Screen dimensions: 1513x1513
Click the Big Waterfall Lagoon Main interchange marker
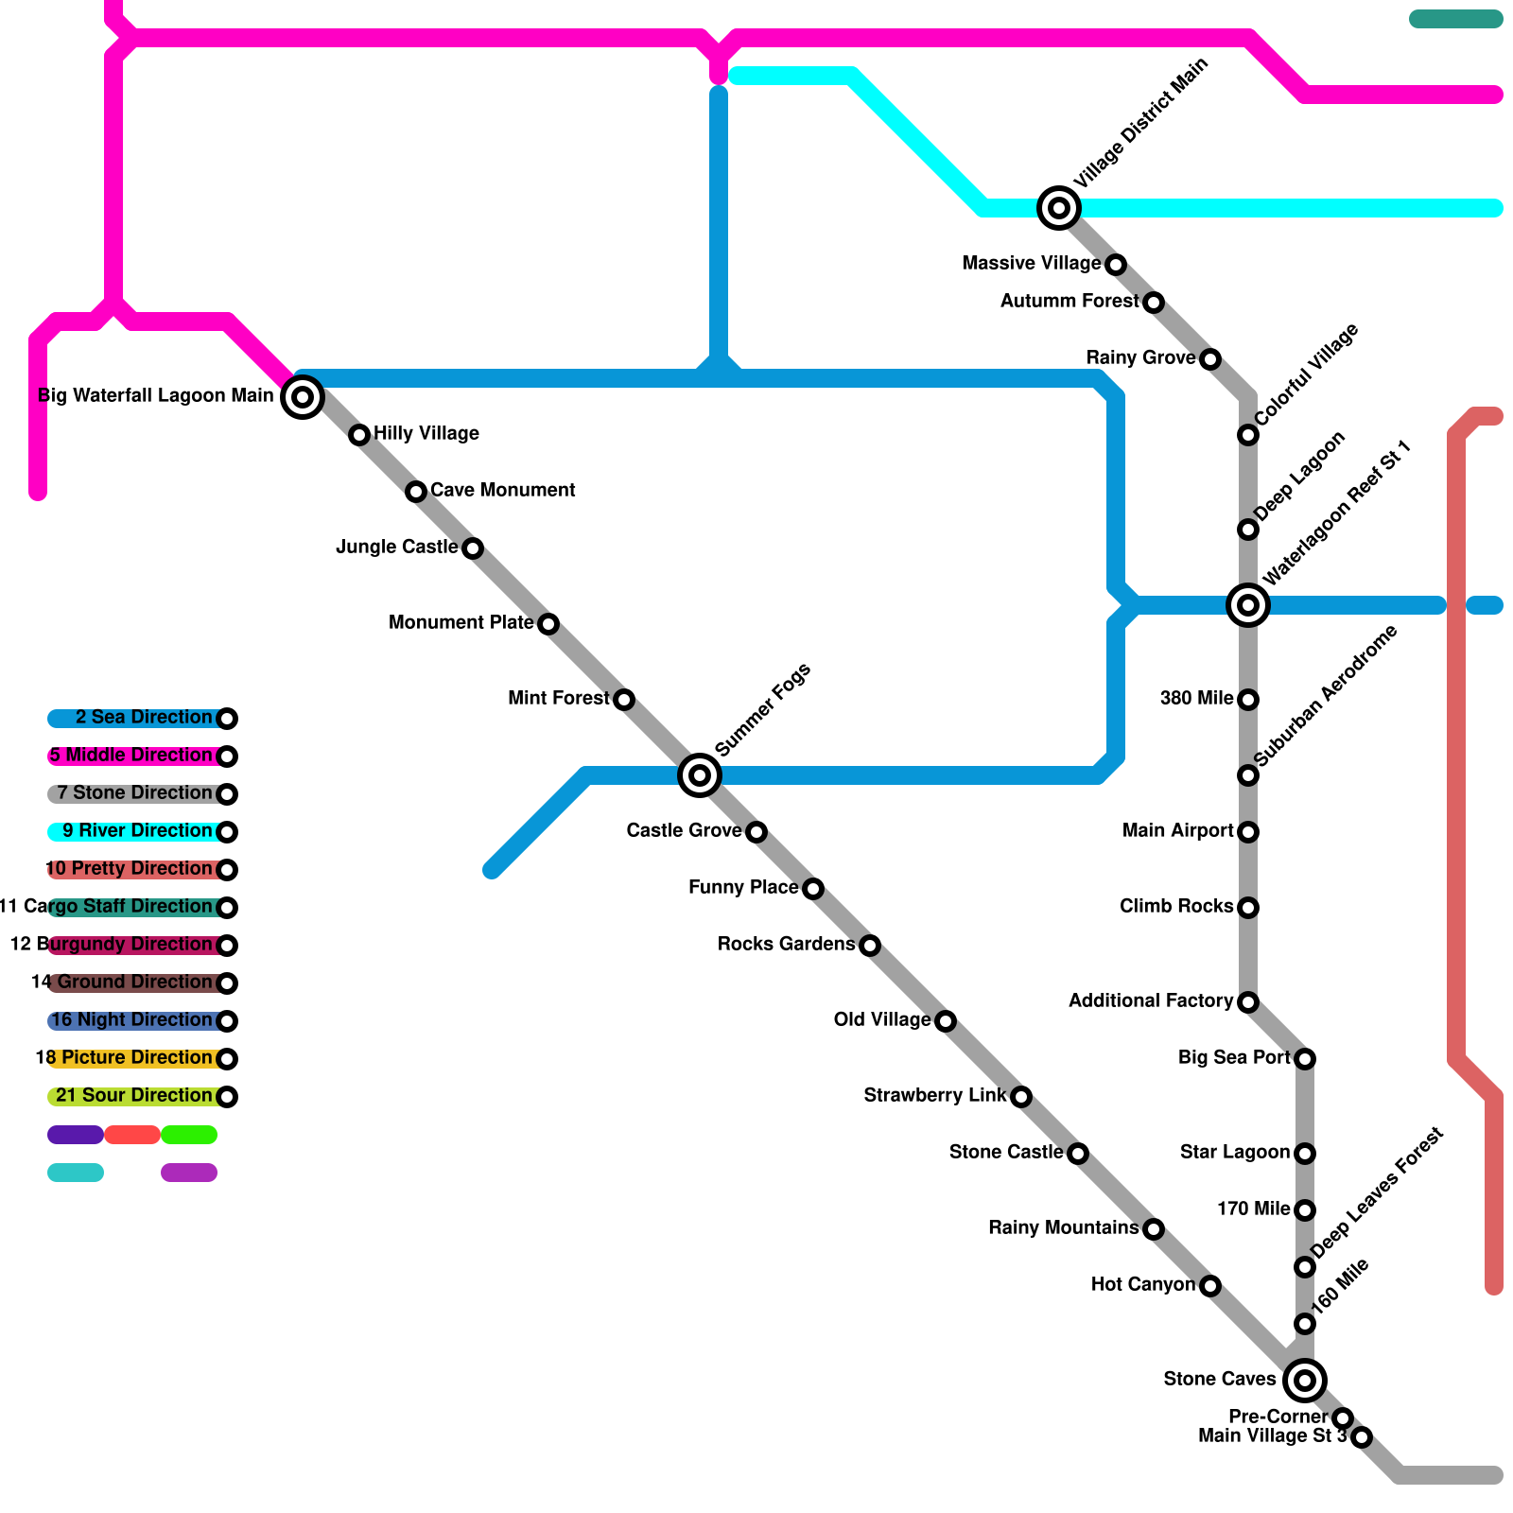click(303, 397)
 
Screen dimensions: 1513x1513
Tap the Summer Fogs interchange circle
click(700, 775)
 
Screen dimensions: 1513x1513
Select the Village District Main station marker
click(1059, 208)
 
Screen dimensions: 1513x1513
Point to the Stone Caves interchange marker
click(1305, 1381)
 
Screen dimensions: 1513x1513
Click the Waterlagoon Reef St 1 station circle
click(1248, 605)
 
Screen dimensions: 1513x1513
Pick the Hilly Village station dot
click(359, 435)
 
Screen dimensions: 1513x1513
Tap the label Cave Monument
click(502, 490)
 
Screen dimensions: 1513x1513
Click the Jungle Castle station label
click(396, 547)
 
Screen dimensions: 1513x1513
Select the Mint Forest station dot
click(624, 700)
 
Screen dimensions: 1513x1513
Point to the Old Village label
click(881, 1019)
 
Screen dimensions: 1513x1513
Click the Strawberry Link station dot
click(1021, 1097)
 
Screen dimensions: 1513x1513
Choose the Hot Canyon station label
click(1142, 1284)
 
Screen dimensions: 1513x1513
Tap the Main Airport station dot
click(1248, 832)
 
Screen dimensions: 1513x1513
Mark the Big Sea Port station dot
click(1305, 1059)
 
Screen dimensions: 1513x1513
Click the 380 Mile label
click(1196, 698)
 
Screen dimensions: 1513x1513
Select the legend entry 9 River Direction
click(137, 831)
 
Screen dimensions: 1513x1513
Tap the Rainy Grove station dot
click(1210, 359)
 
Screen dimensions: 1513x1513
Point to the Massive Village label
click(1031, 263)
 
